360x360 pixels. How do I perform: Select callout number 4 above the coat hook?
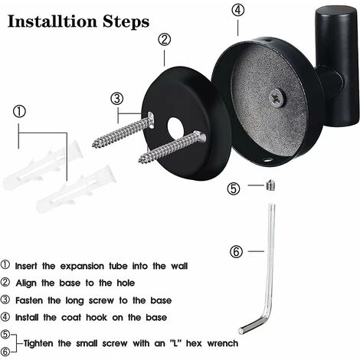pos(238,11)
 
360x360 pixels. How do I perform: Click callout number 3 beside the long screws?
pos(116,97)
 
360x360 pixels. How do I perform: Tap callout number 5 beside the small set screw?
pos(234,188)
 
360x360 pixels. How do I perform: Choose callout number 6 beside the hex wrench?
pos(236,250)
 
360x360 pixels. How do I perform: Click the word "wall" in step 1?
pos(175,266)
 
